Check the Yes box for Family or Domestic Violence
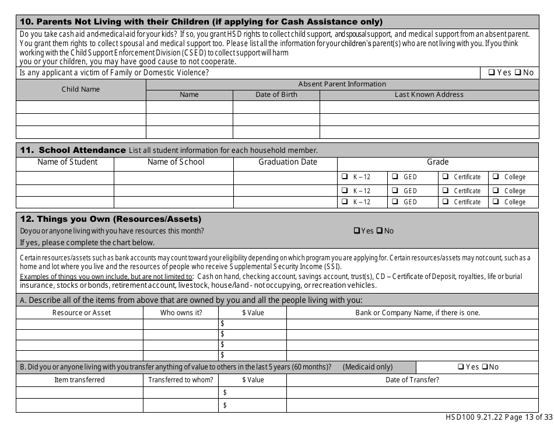(x=492, y=73)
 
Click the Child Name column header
(x=80, y=89)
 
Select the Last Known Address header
(x=429, y=95)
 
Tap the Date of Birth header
(x=276, y=95)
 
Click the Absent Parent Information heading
(x=342, y=84)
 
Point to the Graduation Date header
(x=287, y=162)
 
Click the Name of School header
(x=176, y=162)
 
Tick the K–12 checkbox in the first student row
(x=343, y=177)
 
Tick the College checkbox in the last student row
(x=495, y=202)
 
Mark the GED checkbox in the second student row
(x=395, y=191)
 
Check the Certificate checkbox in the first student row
(x=446, y=177)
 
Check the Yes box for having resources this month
(x=357, y=231)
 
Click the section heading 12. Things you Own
(x=111, y=219)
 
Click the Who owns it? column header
(x=181, y=313)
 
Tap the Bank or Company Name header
(x=418, y=313)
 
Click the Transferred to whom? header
(x=181, y=380)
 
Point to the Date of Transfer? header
(x=412, y=380)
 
